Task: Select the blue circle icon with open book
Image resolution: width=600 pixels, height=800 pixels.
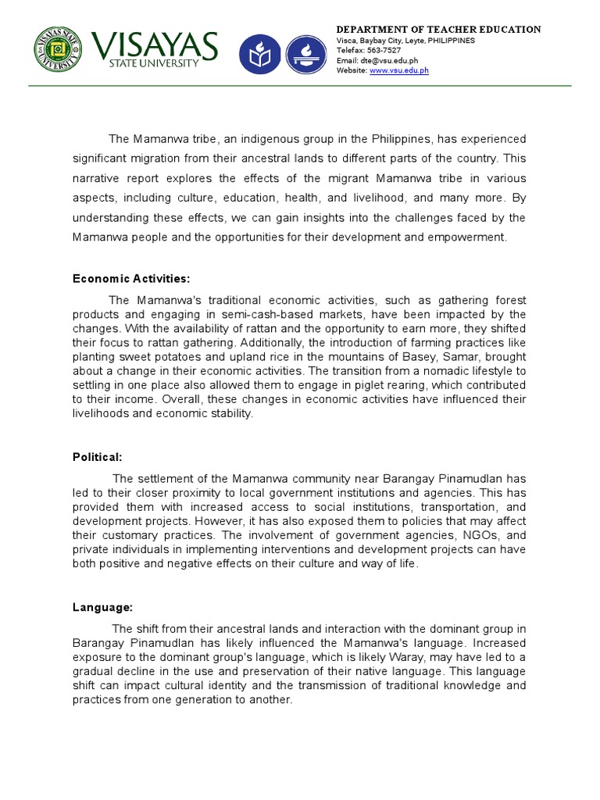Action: click(x=258, y=54)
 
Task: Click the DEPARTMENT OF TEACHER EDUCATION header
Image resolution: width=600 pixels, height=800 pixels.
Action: click(x=438, y=29)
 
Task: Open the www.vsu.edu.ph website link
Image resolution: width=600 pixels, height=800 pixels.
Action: click(x=398, y=70)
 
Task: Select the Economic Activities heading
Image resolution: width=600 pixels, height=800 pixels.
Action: click(x=131, y=279)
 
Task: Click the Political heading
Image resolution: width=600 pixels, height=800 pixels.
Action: click(x=98, y=457)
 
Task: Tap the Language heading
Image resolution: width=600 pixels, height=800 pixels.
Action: click(x=102, y=606)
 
